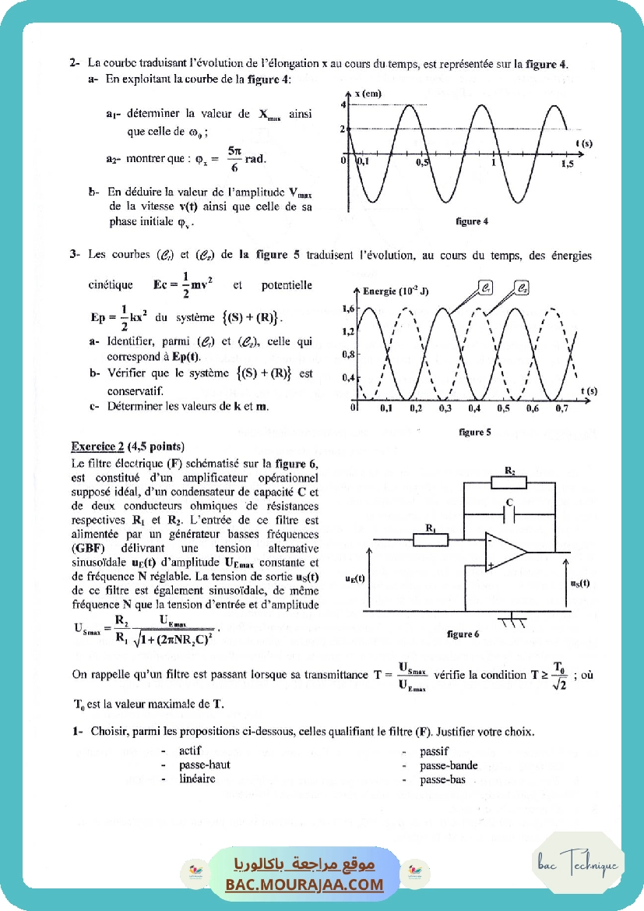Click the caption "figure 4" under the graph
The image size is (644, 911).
click(x=472, y=221)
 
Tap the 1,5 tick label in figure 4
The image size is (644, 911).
click(x=567, y=164)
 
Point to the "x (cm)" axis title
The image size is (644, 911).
click(x=368, y=94)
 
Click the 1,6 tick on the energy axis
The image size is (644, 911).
click(x=349, y=309)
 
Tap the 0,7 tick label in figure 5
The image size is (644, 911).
click(x=561, y=408)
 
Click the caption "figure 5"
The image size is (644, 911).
click(x=472, y=432)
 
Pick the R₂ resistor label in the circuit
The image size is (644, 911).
click(x=509, y=471)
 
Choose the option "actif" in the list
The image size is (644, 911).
click(x=190, y=751)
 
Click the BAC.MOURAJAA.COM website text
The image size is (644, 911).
click(x=305, y=885)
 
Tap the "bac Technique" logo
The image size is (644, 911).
click(x=578, y=863)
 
